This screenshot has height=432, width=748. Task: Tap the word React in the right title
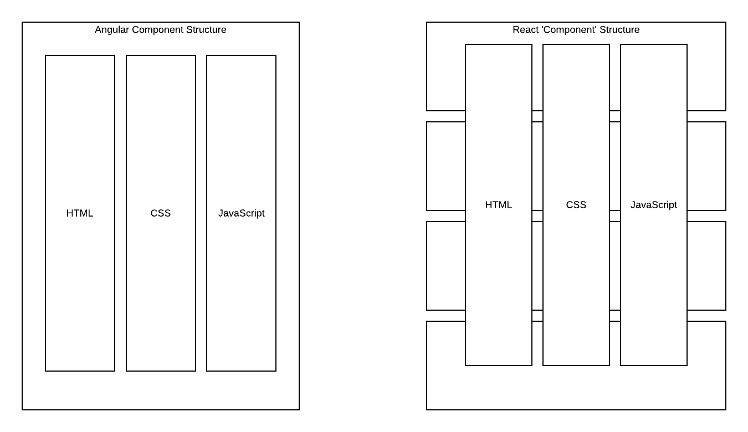tap(525, 30)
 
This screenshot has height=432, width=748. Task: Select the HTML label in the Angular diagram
tap(80, 213)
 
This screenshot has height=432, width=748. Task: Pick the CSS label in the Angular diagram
tap(161, 213)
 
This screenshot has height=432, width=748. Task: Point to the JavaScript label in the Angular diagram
tap(241, 213)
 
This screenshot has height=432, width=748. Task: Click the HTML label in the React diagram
tap(499, 205)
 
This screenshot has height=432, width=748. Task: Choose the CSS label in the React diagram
tap(576, 205)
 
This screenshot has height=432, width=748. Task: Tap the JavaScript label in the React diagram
tap(654, 205)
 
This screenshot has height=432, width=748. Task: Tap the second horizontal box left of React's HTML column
tap(446, 166)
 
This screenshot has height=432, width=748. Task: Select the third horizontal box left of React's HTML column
tap(446, 266)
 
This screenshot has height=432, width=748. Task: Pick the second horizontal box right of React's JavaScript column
tap(706, 166)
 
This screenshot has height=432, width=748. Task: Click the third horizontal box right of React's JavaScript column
tap(706, 266)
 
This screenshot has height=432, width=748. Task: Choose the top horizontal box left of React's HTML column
tap(446, 78)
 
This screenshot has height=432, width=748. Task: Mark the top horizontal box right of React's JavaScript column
tap(706, 78)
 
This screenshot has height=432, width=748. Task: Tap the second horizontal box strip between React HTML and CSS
tap(537, 166)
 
